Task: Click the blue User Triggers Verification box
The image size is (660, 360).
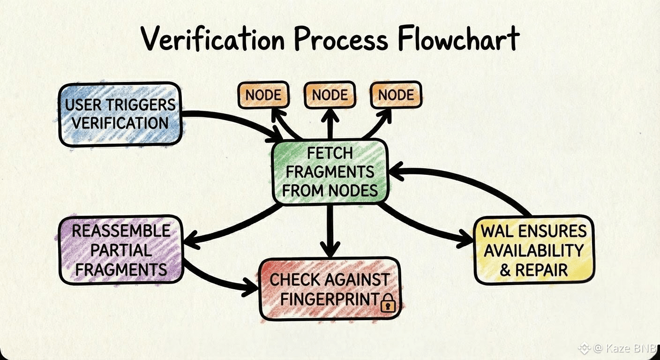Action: (120, 114)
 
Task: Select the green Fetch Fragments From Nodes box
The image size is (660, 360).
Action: (330, 172)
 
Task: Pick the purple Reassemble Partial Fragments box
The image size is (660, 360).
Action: (121, 250)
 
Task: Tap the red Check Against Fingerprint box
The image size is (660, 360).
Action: (330, 289)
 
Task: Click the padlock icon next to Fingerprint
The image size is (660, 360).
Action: (388, 303)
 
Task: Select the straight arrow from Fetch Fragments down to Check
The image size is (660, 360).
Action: (331, 230)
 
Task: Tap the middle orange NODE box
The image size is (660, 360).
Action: (330, 95)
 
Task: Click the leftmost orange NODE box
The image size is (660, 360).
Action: (263, 95)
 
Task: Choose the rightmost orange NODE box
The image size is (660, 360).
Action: (396, 95)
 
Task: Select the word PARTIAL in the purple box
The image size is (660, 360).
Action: (121, 250)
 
